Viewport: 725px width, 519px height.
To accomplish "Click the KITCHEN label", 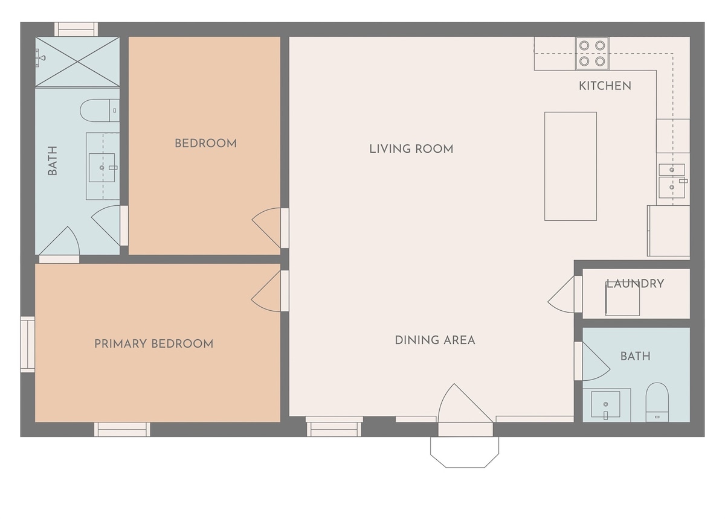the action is pos(605,86).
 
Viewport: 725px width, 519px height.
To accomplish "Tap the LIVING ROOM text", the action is pos(411,149).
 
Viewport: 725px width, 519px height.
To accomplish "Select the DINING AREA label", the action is pos(435,340).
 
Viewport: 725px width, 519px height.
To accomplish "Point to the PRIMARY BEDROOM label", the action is pos(153,344).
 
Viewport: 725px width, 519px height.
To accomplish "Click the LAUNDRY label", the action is pos(635,284).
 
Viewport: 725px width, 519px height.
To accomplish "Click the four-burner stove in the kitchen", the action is pos(592,53).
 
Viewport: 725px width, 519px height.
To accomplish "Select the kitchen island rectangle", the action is pos(570,166).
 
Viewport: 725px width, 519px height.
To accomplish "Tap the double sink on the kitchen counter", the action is pos(672,181).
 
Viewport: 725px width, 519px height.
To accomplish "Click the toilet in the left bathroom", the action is pos(99,110).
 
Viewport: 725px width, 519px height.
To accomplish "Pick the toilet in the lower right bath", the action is pos(657,403).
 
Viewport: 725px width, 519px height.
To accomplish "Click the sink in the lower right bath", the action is pos(605,404).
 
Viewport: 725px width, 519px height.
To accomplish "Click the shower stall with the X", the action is pos(77,62).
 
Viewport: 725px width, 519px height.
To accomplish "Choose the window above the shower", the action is pos(76,29).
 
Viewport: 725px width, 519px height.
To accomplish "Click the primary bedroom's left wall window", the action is pos(28,345).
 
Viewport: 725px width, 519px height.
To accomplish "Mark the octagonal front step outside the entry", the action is pos(465,452).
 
